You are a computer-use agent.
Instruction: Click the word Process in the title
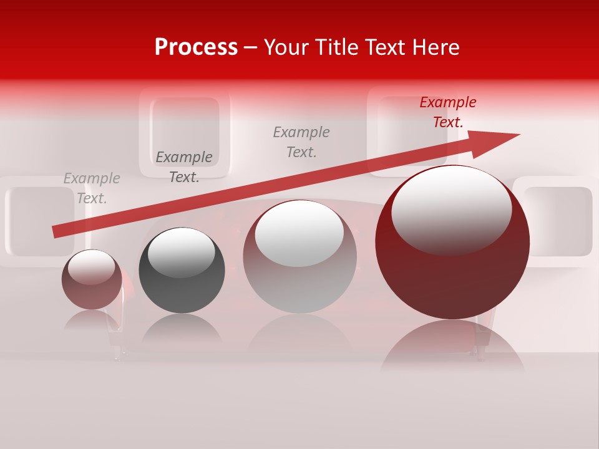[x=196, y=47]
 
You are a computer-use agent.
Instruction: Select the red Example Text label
[x=447, y=112]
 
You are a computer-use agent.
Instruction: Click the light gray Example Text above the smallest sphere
[x=92, y=188]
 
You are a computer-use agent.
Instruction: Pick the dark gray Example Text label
[x=184, y=167]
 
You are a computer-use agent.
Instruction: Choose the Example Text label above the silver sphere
[x=301, y=142]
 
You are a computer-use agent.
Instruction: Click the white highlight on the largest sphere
[x=451, y=209]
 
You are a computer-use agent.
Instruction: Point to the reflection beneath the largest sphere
[x=452, y=346]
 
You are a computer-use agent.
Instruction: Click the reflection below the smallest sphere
[x=92, y=319]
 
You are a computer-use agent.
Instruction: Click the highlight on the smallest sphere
[x=92, y=267]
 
